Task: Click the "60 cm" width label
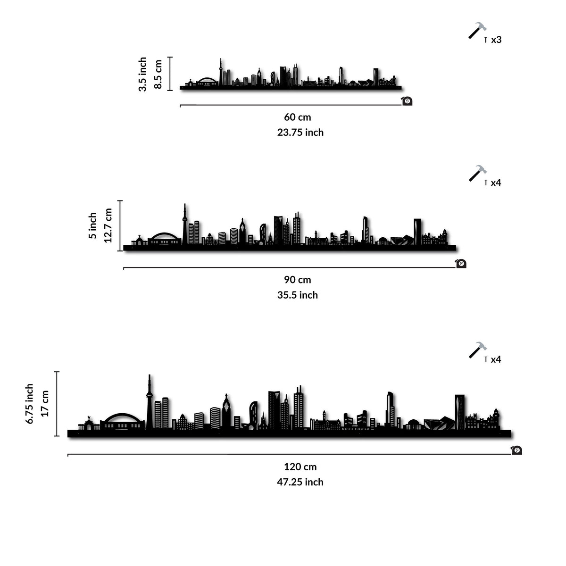pyautogui.click(x=297, y=117)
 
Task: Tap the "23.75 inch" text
pyautogui.click(x=300, y=133)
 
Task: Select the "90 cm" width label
pyautogui.click(x=297, y=280)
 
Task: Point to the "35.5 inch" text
pyautogui.click(x=297, y=295)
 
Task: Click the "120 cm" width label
pyautogui.click(x=300, y=467)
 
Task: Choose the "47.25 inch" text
pyautogui.click(x=300, y=482)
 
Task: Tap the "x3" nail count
pyautogui.click(x=496, y=40)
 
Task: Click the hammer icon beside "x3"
pyautogui.click(x=477, y=31)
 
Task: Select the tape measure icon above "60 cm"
pyautogui.click(x=407, y=101)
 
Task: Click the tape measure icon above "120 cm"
pyautogui.click(x=516, y=450)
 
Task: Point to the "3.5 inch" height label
pyautogui.click(x=142, y=75)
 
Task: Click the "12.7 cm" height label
pyautogui.click(x=108, y=225)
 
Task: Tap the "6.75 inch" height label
pyautogui.click(x=30, y=404)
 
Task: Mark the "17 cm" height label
pyautogui.click(x=45, y=404)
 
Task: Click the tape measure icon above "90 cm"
pyautogui.click(x=461, y=264)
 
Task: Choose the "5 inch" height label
pyautogui.click(x=92, y=225)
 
